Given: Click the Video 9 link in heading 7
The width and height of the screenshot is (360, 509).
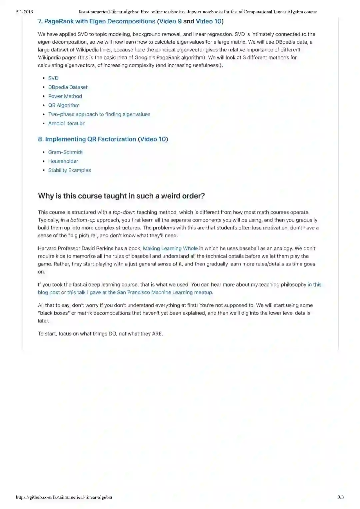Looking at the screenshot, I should click(170, 21).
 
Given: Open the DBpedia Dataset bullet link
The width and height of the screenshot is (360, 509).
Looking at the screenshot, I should click(68, 87).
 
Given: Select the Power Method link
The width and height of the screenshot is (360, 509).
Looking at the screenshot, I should click(65, 96).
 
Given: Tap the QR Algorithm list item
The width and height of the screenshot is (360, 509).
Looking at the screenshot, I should click(64, 105).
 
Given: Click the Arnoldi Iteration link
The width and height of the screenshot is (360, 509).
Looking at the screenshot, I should click(67, 123).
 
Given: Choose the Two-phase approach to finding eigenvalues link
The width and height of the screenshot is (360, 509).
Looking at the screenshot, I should click(99, 114).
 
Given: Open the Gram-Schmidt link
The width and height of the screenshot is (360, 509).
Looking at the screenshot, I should click(65, 152).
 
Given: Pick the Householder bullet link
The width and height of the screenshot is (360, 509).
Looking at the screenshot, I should click(63, 161).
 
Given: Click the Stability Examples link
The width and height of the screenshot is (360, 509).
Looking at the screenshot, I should click(69, 170).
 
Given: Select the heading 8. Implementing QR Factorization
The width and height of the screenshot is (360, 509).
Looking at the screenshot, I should click(87, 139).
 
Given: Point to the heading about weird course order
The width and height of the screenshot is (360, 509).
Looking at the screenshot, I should click(121, 196).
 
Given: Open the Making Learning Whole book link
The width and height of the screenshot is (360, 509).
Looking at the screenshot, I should click(170, 248).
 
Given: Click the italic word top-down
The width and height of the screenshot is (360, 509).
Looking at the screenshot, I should click(124, 212).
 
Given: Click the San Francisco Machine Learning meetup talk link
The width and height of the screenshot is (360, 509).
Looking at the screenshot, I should click(140, 293).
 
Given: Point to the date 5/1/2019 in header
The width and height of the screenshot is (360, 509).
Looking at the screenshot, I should click(25, 12).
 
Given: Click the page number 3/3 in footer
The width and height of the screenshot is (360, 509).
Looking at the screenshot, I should click(340, 497).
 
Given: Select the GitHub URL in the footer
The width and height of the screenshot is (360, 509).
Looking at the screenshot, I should click(64, 497).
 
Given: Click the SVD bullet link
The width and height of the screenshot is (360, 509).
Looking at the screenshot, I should click(53, 78).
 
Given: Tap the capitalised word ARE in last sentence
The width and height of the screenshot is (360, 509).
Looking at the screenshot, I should click(157, 334).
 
